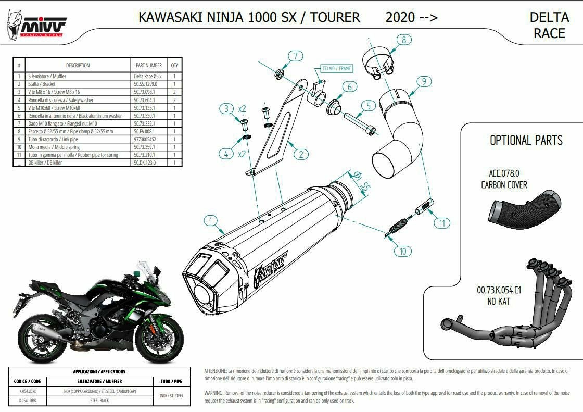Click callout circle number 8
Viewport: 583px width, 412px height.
pyautogui.click(x=403, y=39)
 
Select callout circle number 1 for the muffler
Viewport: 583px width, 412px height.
pyautogui.click(x=211, y=221)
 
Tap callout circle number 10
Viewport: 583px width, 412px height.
pyautogui.click(x=402, y=251)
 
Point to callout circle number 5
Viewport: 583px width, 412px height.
pyautogui.click(x=367, y=106)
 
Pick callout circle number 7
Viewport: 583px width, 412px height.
pyautogui.click(x=295, y=56)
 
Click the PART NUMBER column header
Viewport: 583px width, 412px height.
pyautogui.click(x=148, y=66)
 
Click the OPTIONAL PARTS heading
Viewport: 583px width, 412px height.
pyautogui.click(x=526, y=141)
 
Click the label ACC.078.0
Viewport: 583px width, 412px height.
pyautogui.click(x=504, y=174)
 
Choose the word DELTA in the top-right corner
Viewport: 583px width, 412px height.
pyautogui.click(x=549, y=17)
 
